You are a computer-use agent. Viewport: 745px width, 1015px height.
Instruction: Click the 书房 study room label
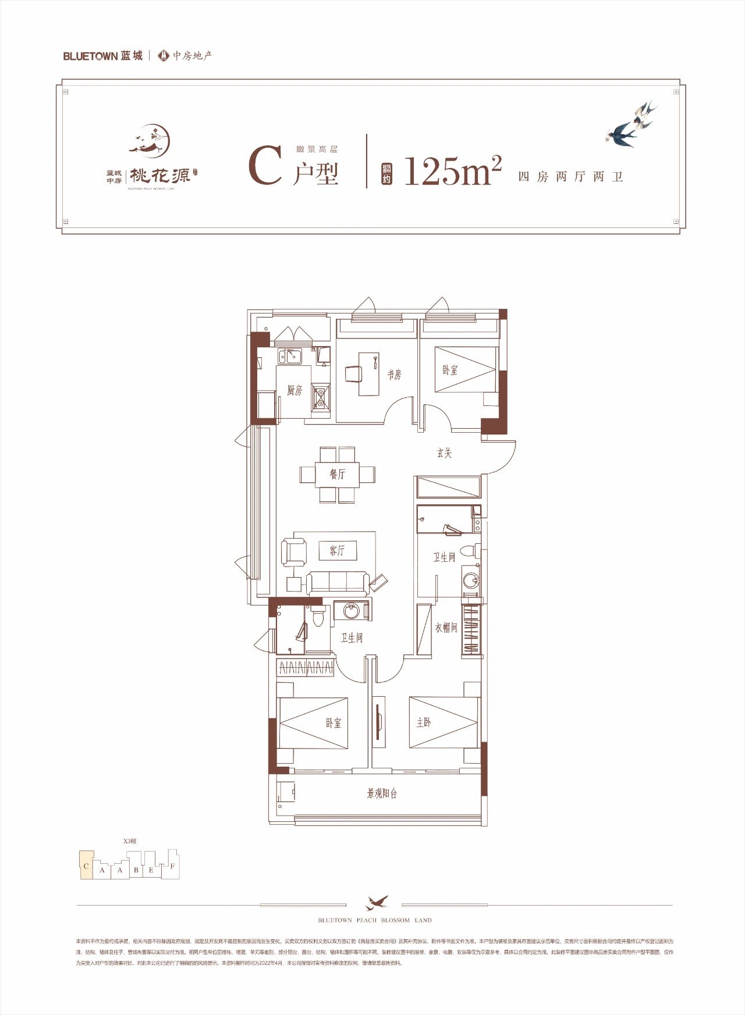tap(394, 375)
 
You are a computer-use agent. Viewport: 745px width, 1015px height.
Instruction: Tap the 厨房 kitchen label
tap(295, 390)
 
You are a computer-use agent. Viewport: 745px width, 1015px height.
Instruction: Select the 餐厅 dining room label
tap(338, 474)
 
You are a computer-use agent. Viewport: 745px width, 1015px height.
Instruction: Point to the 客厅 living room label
tap(337, 550)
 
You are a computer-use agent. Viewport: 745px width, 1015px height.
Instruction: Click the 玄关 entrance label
tap(444, 453)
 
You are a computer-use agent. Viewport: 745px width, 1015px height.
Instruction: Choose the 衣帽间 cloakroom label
tap(446, 628)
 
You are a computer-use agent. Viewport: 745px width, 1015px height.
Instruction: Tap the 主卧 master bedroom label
tap(424, 722)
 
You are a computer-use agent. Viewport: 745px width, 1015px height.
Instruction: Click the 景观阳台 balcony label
tap(382, 793)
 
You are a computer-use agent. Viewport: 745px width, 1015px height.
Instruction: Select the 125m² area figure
tap(452, 171)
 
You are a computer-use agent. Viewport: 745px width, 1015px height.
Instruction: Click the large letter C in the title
tap(265, 167)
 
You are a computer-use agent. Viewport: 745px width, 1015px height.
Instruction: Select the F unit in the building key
tap(172, 866)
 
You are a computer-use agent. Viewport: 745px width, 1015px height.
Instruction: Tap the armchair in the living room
tap(294, 551)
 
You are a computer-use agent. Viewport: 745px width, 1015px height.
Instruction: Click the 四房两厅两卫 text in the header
tap(570, 176)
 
